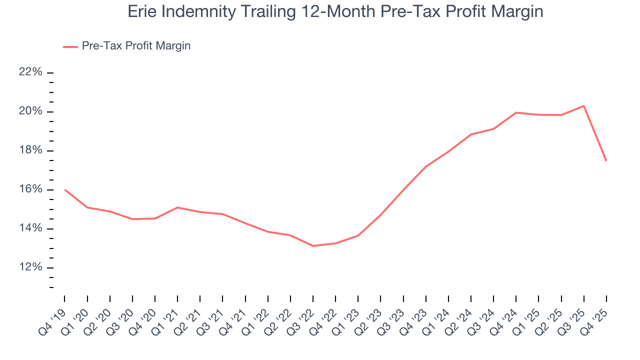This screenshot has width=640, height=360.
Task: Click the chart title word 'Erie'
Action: pyautogui.click(x=141, y=11)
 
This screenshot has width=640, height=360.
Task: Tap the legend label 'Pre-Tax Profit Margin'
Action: pyautogui.click(x=136, y=46)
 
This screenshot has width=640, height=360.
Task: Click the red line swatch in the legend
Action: pyautogui.click(x=70, y=46)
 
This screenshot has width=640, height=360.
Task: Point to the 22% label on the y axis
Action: pyautogui.click(x=30, y=72)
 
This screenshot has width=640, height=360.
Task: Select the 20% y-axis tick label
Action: pyautogui.click(x=30, y=111)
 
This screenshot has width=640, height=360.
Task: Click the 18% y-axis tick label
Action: pyautogui.click(x=30, y=150)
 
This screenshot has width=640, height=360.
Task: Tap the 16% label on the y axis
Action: pyautogui.click(x=30, y=189)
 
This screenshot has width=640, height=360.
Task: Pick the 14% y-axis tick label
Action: pyautogui.click(x=30, y=228)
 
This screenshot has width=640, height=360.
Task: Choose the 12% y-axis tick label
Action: pyautogui.click(x=30, y=267)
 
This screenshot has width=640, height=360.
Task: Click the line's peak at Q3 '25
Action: pyautogui.click(x=583, y=106)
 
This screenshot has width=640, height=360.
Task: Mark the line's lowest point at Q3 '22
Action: pyautogui.click(x=313, y=245)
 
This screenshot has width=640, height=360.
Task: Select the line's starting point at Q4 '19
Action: pyautogui.click(x=65, y=189)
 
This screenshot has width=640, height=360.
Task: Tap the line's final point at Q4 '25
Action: pyautogui.click(x=606, y=160)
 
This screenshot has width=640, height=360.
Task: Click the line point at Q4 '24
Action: pyautogui.click(x=516, y=112)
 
